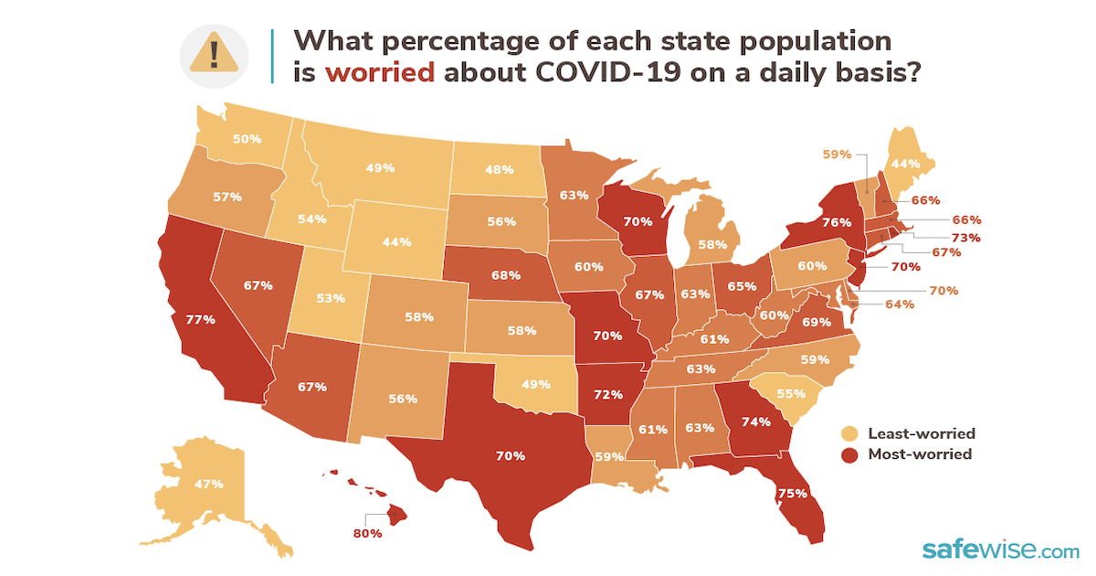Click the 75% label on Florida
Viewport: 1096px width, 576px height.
tap(792, 493)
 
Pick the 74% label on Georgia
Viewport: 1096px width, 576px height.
tap(756, 421)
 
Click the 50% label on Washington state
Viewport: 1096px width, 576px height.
tap(247, 138)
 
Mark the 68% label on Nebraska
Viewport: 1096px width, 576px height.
tap(505, 273)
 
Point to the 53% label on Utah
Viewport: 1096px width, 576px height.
tap(330, 298)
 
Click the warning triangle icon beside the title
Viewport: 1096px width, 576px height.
tap(214, 54)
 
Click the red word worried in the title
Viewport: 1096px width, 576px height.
tap(379, 72)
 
